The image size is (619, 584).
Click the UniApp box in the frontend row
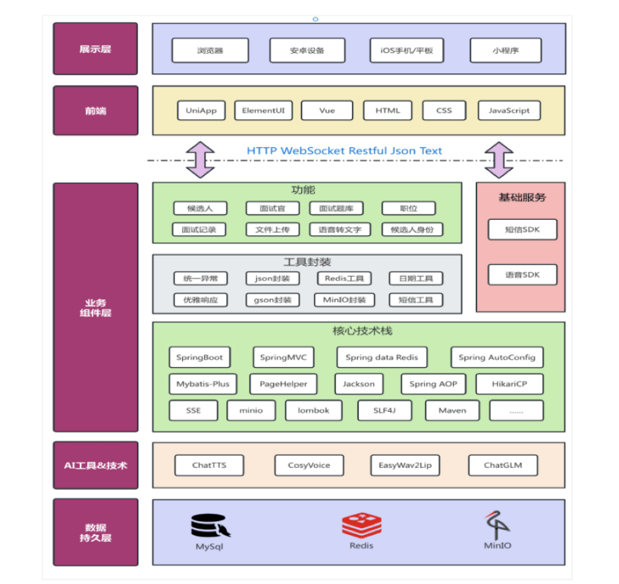click(x=201, y=111)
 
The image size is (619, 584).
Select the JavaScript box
click(x=509, y=111)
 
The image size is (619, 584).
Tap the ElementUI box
click(x=263, y=111)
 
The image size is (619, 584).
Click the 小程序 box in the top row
click(x=506, y=51)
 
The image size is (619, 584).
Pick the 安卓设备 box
click(x=307, y=51)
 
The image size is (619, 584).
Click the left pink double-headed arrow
click(x=200, y=160)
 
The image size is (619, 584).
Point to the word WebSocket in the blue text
click(x=313, y=151)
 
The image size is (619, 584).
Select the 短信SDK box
click(x=523, y=230)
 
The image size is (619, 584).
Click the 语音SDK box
click(x=523, y=275)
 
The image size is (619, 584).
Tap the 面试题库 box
click(x=336, y=209)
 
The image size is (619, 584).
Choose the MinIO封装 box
click(x=344, y=300)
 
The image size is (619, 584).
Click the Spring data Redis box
click(x=382, y=357)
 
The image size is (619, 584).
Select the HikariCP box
click(x=510, y=384)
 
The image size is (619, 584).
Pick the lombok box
click(x=313, y=410)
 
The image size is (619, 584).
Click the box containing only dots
click(x=517, y=410)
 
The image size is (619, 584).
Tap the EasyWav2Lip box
click(x=405, y=465)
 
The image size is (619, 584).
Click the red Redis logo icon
click(x=362, y=525)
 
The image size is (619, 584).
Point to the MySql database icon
click(x=210, y=526)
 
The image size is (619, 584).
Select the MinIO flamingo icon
click(x=497, y=525)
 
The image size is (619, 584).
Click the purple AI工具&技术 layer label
click(x=96, y=465)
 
